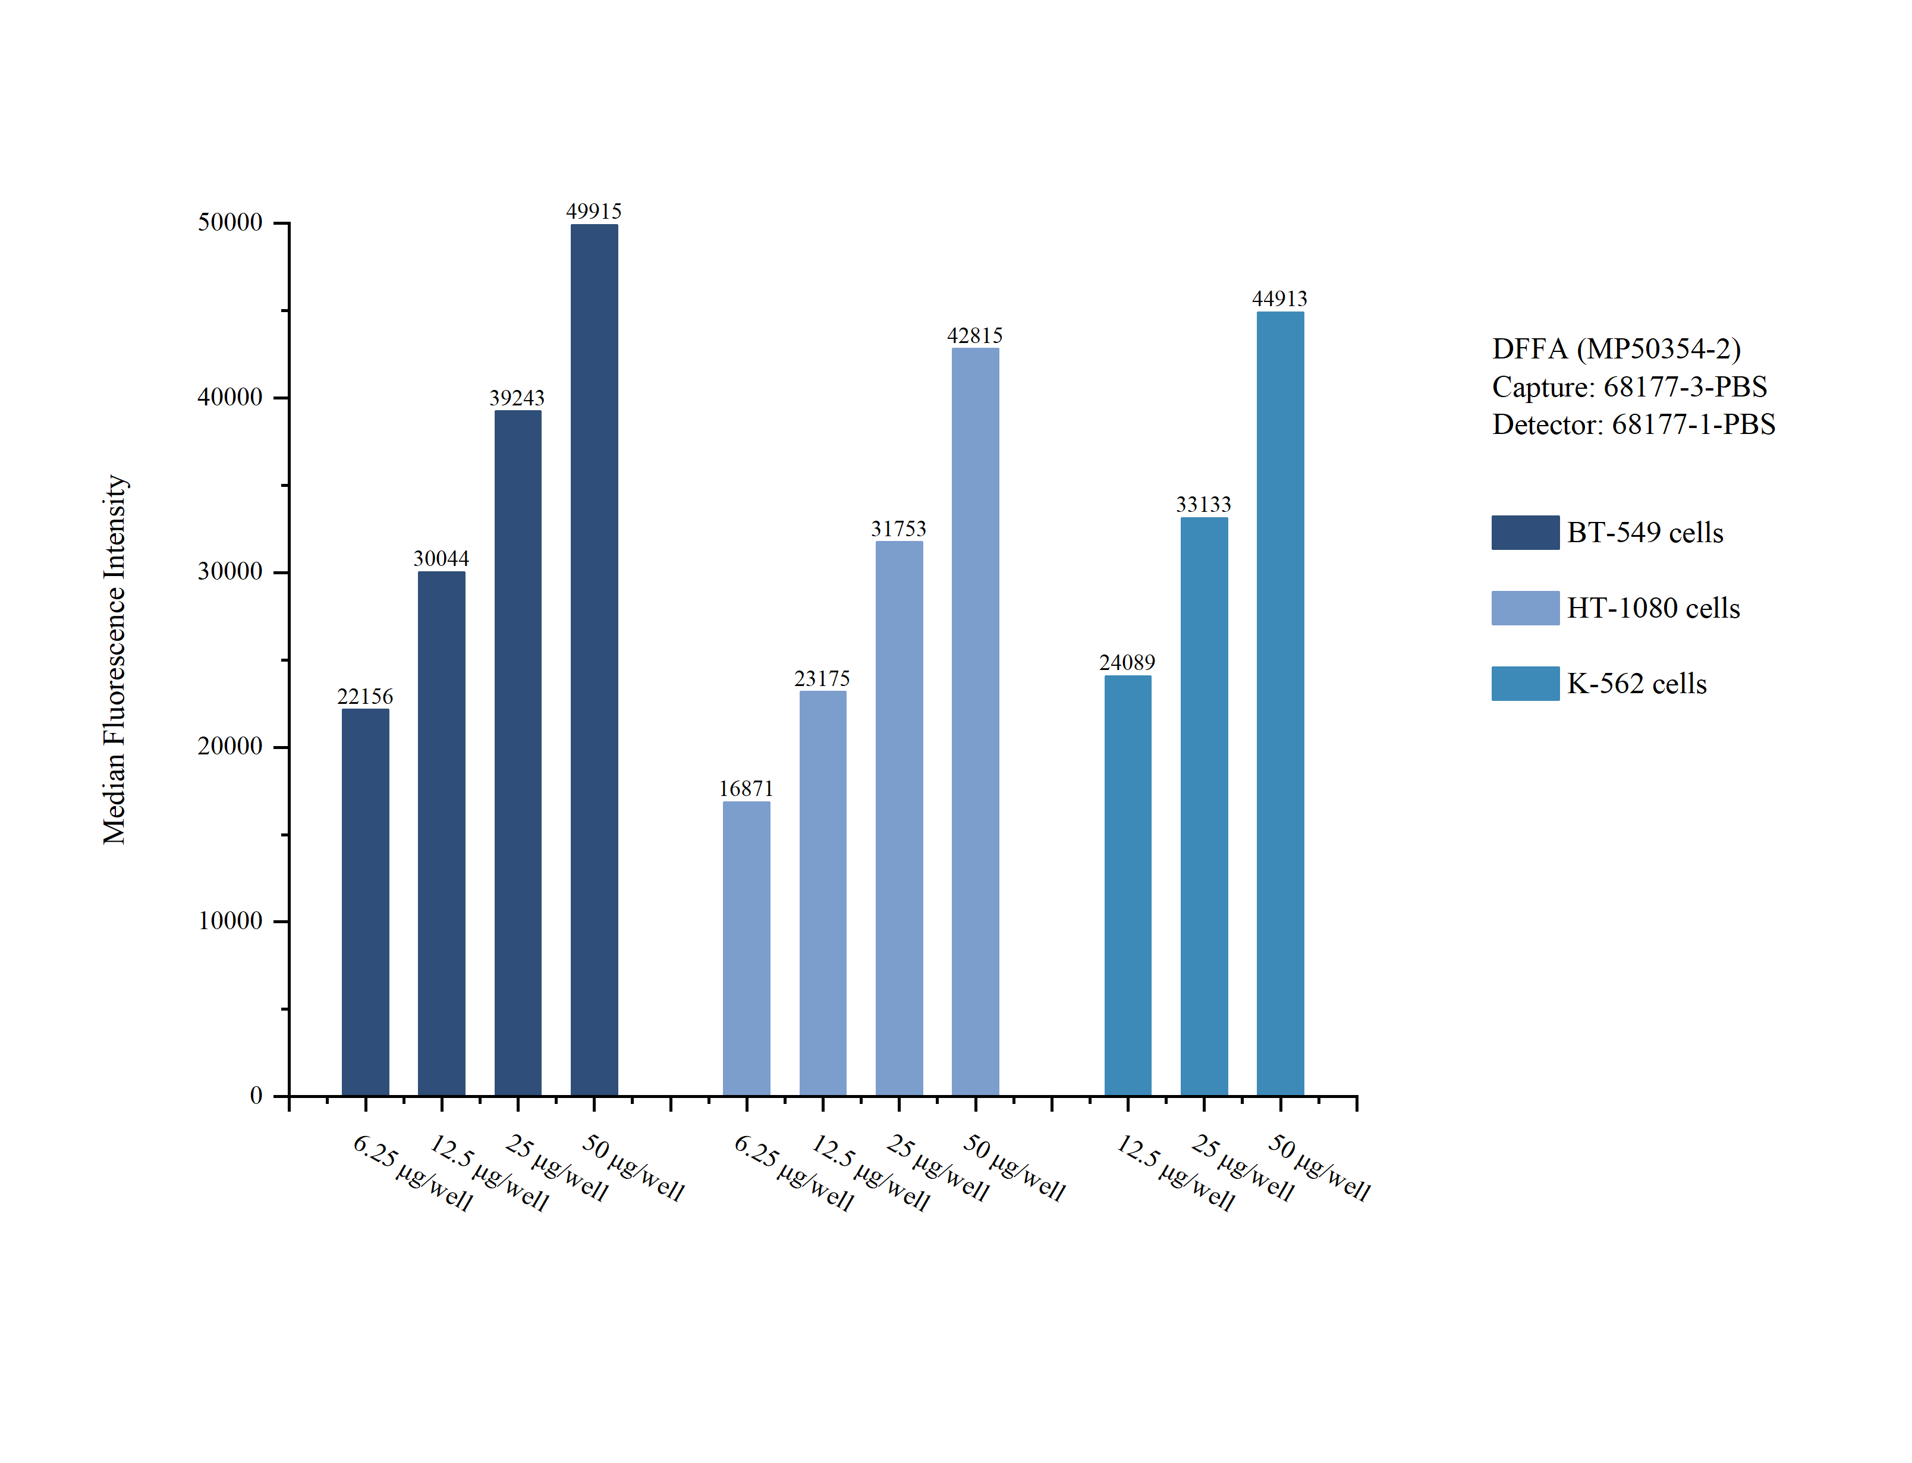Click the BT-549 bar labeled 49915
click(x=594, y=659)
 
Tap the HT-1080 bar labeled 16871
click(x=746, y=948)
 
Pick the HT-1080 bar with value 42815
click(x=975, y=721)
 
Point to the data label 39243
click(x=517, y=398)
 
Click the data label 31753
click(x=898, y=528)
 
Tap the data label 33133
click(x=1203, y=504)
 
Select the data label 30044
click(x=441, y=558)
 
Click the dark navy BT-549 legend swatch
click(x=1524, y=532)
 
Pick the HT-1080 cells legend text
click(x=1653, y=608)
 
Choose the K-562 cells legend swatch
click(x=1524, y=684)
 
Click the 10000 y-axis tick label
click(x=230, y=920)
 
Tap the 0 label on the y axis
click(x=256, y=1096)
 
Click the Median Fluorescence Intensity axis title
click(x=115, y=659)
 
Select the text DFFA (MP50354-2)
click(x=1616, y=348)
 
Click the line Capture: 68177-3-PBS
click(x=1629, y=386)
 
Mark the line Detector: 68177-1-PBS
click(x=1633, y=424)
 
